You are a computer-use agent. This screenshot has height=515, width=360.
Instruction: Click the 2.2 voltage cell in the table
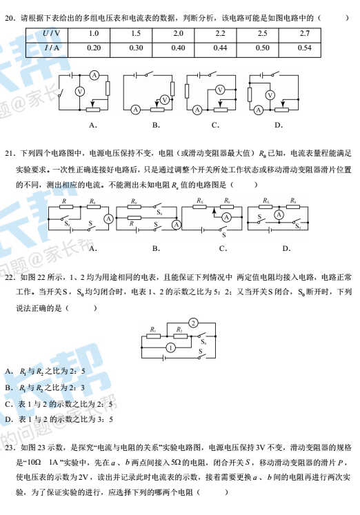(x=220, y=34)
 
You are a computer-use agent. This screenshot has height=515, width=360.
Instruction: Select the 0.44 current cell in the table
(x=220, y=48)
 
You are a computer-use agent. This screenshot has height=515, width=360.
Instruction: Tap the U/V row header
(x=51, y=34)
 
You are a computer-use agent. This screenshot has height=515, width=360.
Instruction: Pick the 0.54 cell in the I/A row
(x=305, y=48)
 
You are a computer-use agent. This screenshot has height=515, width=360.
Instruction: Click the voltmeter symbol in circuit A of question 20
(x=80, y=91)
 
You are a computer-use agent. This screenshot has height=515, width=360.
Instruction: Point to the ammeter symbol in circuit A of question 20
(x=94, y=76)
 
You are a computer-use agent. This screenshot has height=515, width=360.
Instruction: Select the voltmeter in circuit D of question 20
(x=270, y=95)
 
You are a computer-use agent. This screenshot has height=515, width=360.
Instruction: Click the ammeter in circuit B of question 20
(x=136, y=110)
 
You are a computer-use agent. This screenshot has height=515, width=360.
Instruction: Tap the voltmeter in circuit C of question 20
(x=220, y=90)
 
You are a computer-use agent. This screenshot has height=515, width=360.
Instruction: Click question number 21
(x=10, y=153)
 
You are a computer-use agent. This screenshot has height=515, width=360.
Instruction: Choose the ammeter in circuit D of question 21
(x=279, y=215)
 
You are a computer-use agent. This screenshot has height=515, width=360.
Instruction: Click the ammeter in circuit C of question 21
(x=226, y=216)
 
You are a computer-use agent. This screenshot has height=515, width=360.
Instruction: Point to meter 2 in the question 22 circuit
(x=194, y=323)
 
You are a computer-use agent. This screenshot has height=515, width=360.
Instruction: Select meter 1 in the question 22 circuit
(x=170, y=347)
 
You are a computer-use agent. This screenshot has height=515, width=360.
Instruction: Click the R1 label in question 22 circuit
(x=153, y=330)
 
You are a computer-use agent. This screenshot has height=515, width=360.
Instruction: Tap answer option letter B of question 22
(x=9, y=388)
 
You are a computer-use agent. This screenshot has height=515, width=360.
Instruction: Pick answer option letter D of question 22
(x=9, y=419)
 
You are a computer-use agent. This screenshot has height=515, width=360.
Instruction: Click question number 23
(x=10, y=447)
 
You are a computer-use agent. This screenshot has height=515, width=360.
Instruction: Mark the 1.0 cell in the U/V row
(x=94, y=34)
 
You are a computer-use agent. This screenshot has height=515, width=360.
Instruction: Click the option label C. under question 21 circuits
(x=223, y=249)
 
